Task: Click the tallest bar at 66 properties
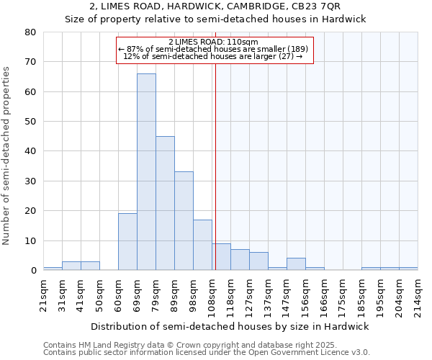point(146,172)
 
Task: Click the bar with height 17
point(202,245)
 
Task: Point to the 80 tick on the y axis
point(30,32)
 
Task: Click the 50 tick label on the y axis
point(30,122)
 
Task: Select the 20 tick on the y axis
point(30,211)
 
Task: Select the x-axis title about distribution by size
point(230,326)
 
